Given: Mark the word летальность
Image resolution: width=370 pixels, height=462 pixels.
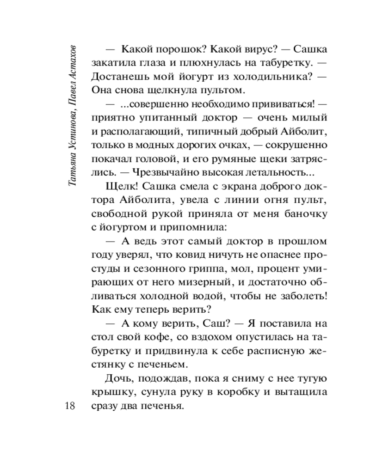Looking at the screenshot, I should [270, 173].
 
